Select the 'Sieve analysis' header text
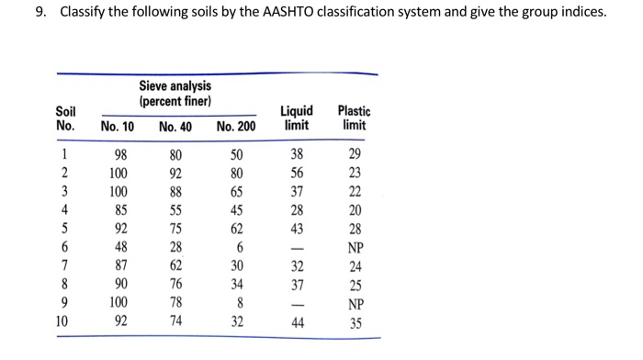click(x=175, y=86)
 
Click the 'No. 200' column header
click(x=236, y=126)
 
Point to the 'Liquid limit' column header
click(x=297, y=118)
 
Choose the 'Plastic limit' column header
click(x=354, y=118)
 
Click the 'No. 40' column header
click(x=175, y=126)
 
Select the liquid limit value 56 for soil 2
click(x=297, y=173)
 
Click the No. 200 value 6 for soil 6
click(x=237, y=246)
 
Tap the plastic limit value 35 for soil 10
click(x=355, y=322)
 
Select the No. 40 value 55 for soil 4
click(x=175, y=209)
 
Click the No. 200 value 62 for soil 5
click(x=237, y=228)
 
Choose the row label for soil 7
click(x=65, y=264)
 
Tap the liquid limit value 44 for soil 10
click(x=297, y=322)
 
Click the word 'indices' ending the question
click(x=581, y=13)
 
